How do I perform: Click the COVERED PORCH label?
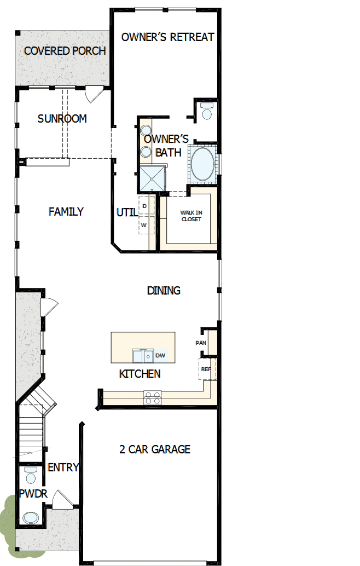point(65,51)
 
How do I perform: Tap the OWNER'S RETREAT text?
point(167,37)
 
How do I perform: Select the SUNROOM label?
point(62,119)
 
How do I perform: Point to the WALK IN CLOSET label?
point(191,216)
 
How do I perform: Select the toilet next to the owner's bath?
point(206,112)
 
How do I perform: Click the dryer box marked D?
point(145,205)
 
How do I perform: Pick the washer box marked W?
point(144,225)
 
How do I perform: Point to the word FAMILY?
point(66,211)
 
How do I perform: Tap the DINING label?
point(164,291)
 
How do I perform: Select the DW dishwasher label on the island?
point(160,356)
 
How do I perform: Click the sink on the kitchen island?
point(143,356)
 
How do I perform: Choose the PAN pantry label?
point(201,343)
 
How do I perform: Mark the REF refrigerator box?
point(207,369)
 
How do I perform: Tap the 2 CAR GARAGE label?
point(155,449)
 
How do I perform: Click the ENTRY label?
point(63,467)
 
